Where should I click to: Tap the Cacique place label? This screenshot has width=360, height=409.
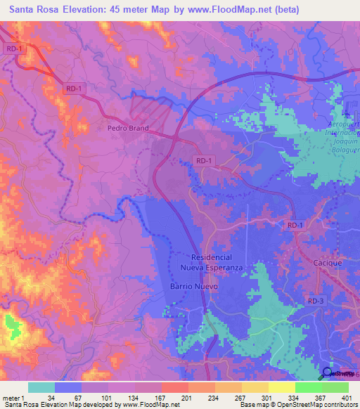click(327, 263)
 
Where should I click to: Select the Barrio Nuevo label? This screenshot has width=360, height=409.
click(194, 287)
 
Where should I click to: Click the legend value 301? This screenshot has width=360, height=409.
click(267, 398)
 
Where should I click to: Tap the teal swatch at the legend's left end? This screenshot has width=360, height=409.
click(41, 387)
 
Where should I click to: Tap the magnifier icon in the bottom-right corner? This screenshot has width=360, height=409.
click(328, 373)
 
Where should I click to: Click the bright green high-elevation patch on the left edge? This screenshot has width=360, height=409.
click(12, 325)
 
